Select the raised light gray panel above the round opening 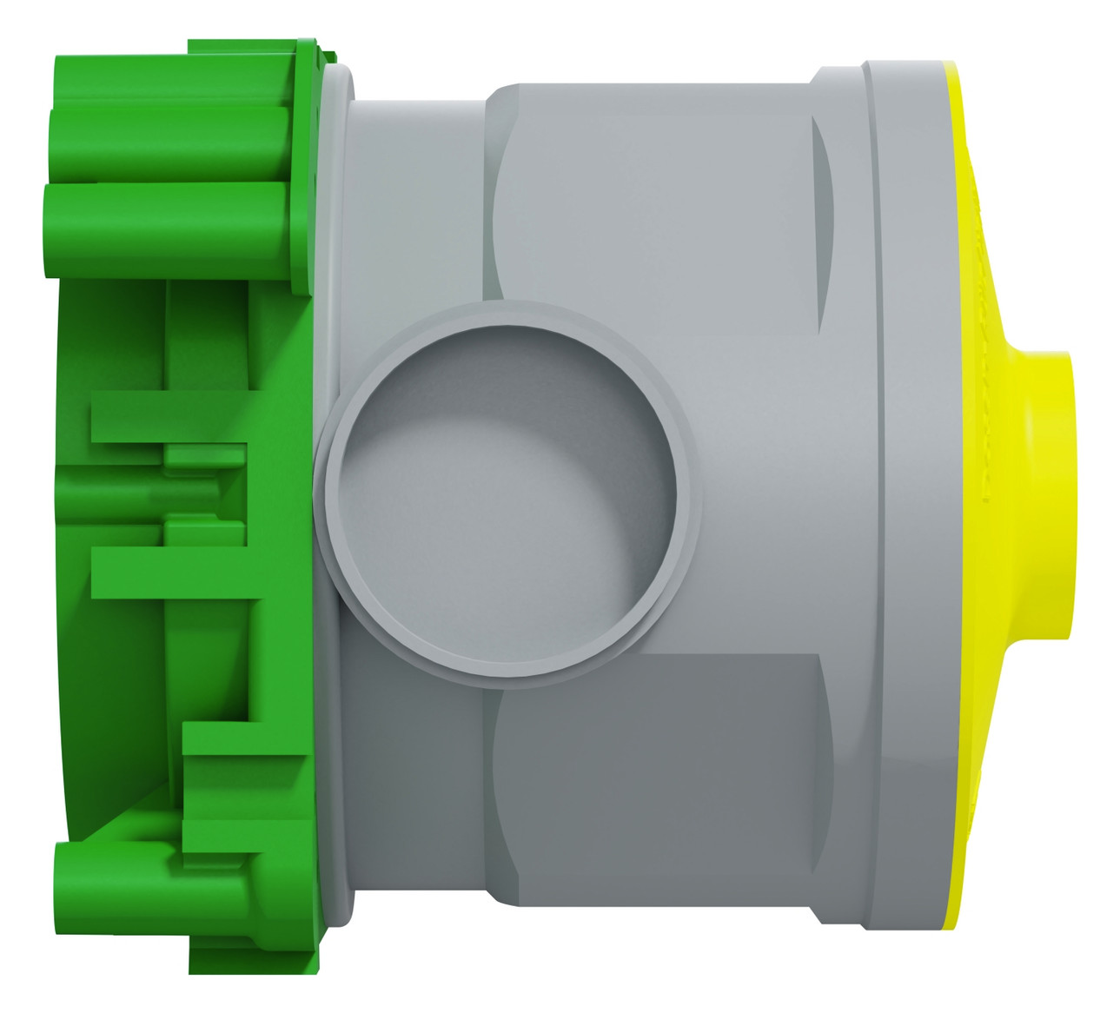[x=652, y=200]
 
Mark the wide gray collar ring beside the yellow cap [x=904, y=504]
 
